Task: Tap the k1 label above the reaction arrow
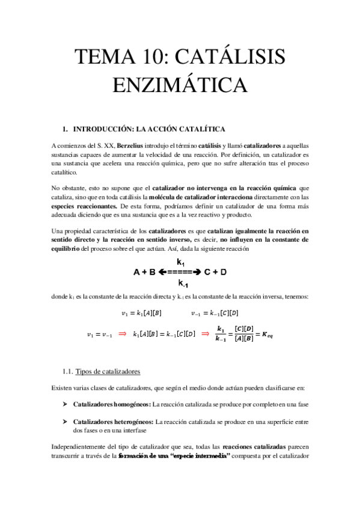(x=180, y=262)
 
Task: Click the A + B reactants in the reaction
(x=144, y=272)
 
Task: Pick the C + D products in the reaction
(x=215, y=272)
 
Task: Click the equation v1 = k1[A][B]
(x=142, y=313)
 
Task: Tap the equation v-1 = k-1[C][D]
(x=215, y=313)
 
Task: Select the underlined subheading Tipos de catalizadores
(x=108, y=371)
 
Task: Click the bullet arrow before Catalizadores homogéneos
(x=64, y=404)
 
